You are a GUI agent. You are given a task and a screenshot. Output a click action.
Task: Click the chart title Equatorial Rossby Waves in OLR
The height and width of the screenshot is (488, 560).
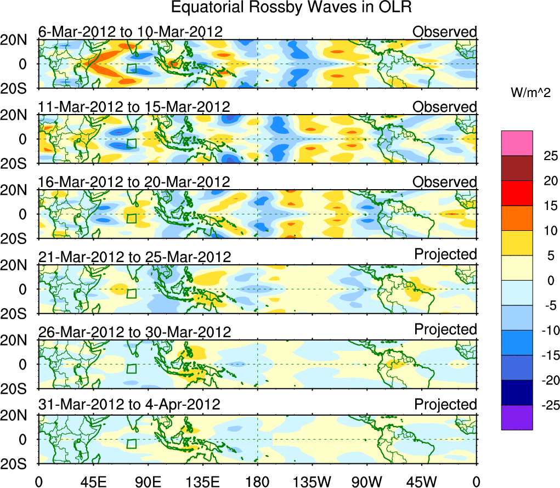pos(291,8)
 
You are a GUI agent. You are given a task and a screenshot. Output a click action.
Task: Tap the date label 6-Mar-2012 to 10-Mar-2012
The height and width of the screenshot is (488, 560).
pos(131,31)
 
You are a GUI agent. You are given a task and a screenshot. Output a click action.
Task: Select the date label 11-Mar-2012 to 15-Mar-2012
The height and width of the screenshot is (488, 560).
pos(134,106)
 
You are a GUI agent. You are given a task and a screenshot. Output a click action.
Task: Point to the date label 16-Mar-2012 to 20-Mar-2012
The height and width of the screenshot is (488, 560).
pos(134,181)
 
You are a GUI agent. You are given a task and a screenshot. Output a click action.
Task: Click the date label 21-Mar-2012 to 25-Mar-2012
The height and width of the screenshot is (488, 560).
pos(134,257)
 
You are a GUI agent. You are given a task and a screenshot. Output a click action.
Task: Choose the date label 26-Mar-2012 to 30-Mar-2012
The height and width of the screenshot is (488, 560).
pos(134,332)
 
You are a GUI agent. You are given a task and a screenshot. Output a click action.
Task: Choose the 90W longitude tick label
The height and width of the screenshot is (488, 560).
pos(367,481)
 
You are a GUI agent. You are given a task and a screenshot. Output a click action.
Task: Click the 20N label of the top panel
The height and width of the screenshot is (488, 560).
pos(18,39)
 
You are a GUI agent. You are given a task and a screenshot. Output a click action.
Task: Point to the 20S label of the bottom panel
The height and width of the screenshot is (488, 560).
pos(18,463)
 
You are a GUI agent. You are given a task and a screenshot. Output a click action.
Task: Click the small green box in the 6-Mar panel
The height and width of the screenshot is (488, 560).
pos(132,69)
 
